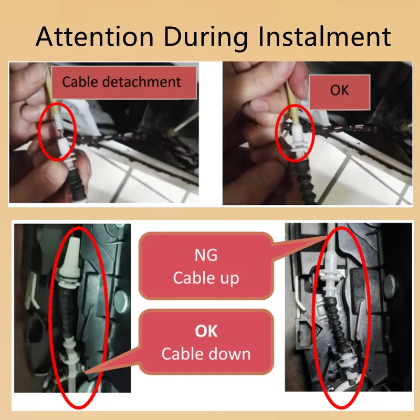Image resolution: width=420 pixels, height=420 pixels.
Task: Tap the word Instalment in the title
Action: click(x=324, y=37)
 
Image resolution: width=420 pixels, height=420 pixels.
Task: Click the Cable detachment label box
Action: click(x=124, y=82)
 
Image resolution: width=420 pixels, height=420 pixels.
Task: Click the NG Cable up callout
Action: click(x=206, y=266)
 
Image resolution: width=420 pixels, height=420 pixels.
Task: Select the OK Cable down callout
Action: click(x=206, y=342)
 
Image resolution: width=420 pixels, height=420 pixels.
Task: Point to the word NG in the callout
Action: click(x=206, y=255)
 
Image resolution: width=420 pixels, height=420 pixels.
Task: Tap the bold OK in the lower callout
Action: click(x=206, y=331)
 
